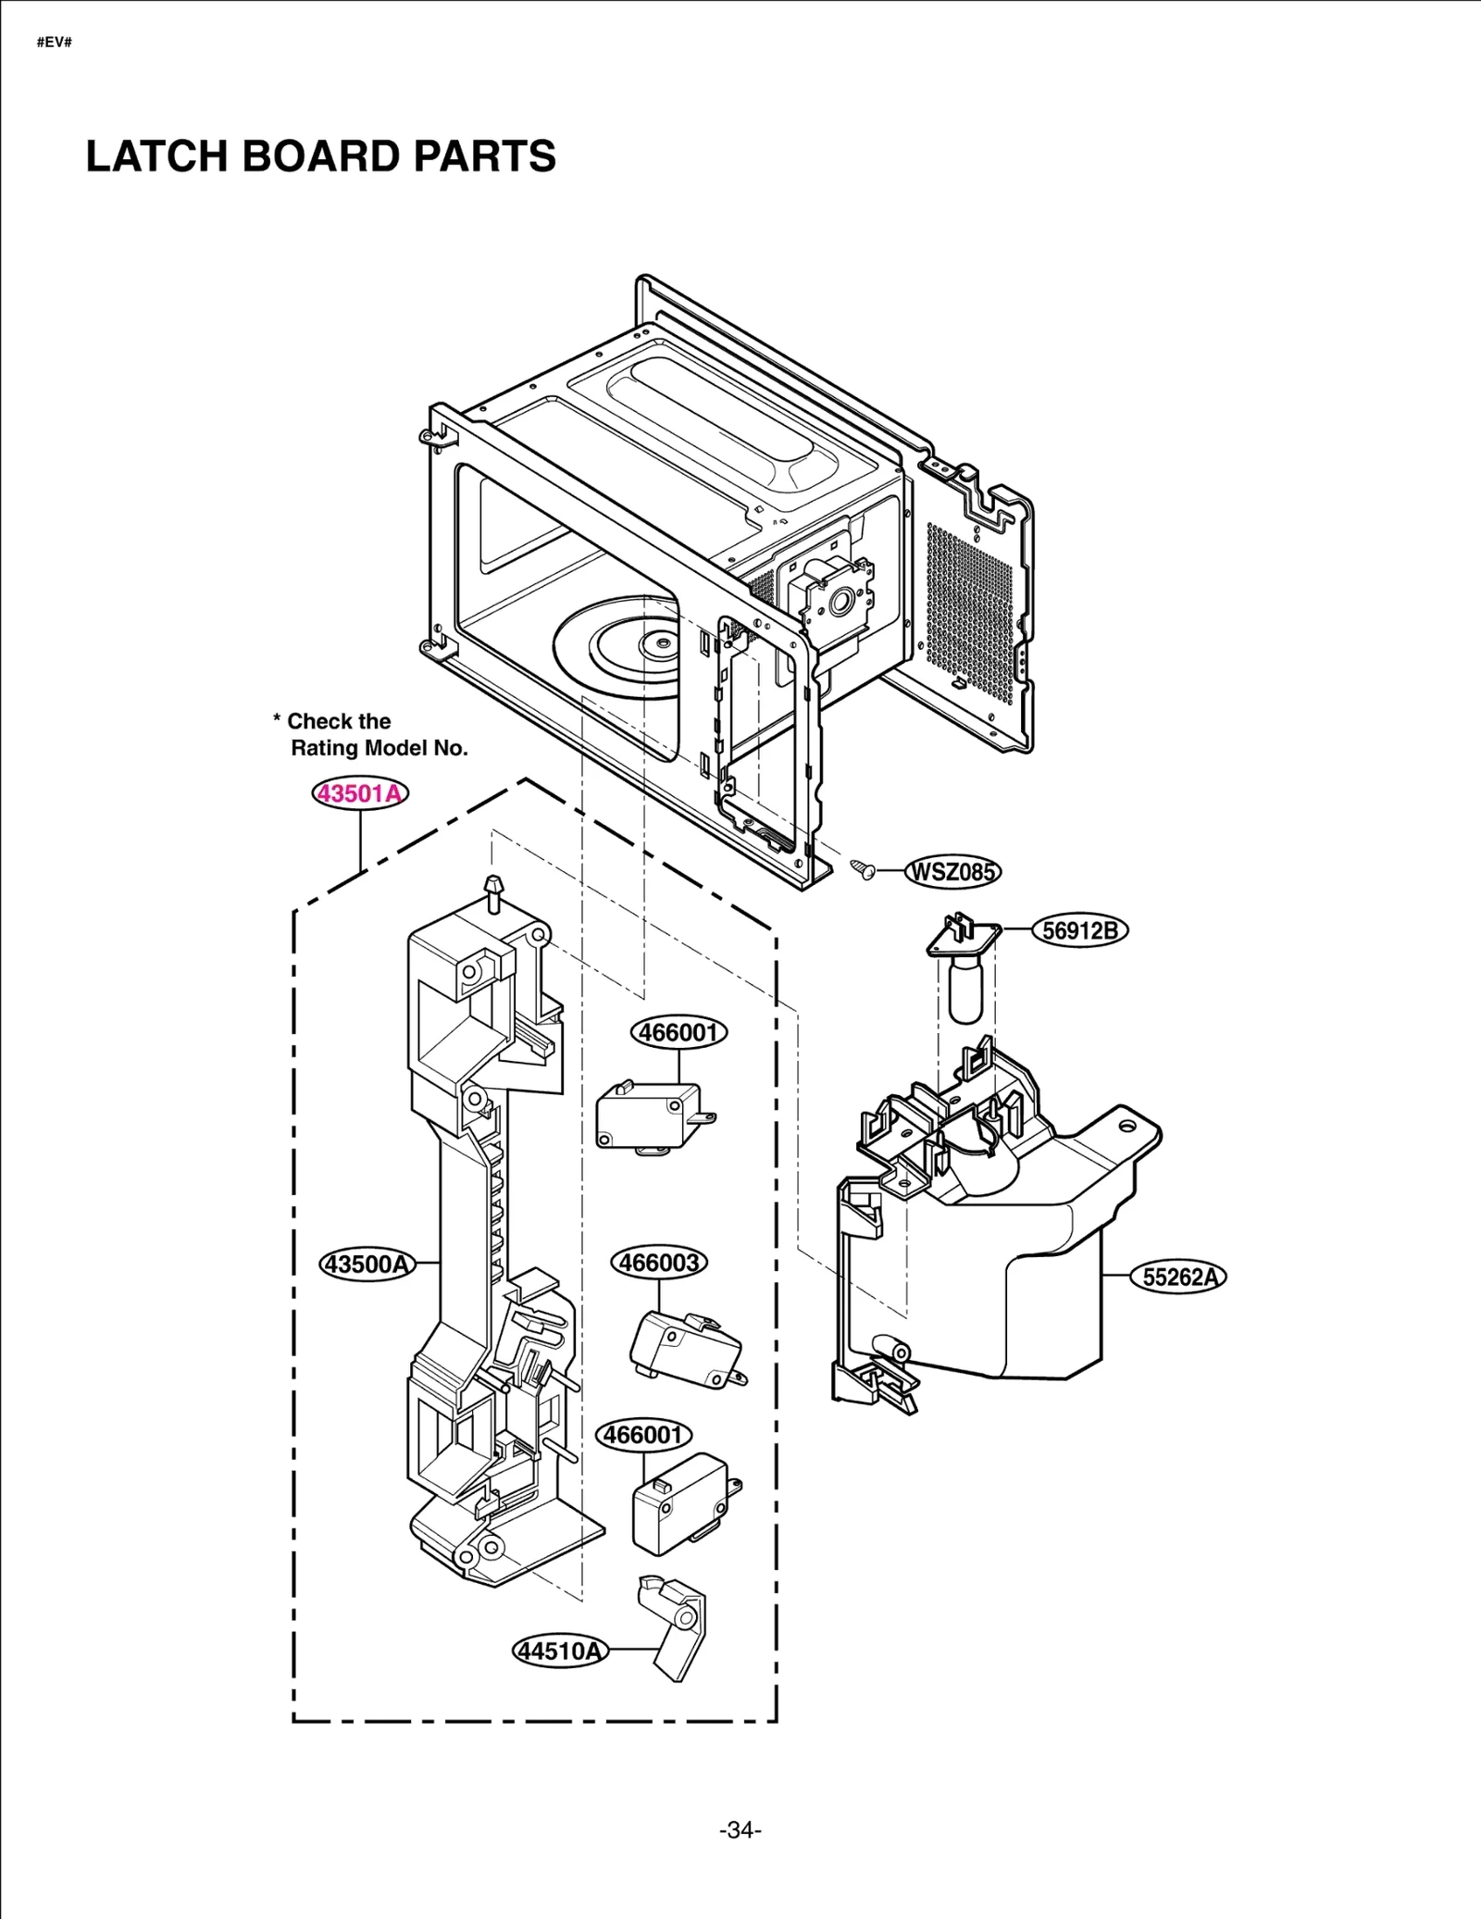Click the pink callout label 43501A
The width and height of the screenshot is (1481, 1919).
[359, 793]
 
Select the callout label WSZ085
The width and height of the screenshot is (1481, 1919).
[952, 872]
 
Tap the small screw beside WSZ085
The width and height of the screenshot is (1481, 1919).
[863, 869]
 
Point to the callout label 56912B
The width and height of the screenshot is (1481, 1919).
[1080, 930]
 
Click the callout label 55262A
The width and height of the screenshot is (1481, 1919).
[1178, 1277]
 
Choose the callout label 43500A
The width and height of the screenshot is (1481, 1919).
[367, 1264]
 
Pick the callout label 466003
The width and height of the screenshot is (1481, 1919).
[659, 1263]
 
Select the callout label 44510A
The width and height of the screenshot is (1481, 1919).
[560, 1651]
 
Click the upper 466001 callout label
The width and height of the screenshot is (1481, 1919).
[678, 1032]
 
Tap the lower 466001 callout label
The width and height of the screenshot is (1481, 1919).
[643, 1435]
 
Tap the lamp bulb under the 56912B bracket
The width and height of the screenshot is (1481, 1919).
[965, 991]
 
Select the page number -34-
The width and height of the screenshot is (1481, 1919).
[740, 1830]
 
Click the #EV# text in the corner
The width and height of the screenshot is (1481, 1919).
[55, 43]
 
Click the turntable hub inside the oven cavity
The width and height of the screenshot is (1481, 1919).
[661, 641]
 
